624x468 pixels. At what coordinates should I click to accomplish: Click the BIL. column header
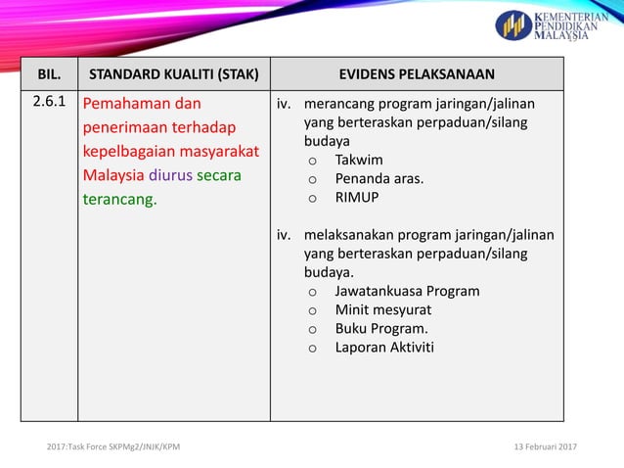49,74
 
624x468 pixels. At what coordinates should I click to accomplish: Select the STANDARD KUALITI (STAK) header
174,74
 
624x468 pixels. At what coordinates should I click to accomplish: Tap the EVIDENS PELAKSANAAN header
417,74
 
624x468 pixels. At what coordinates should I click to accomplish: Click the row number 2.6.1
49,103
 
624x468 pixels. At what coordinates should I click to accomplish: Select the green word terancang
119,199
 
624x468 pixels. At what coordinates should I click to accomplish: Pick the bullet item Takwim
359,160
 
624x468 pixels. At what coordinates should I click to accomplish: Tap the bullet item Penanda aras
379,178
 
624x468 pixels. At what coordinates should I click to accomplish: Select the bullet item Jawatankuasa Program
407,291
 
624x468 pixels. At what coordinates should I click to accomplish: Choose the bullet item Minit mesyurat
382,309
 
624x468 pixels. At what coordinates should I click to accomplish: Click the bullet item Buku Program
381,328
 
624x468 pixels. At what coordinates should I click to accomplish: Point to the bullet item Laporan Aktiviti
384,347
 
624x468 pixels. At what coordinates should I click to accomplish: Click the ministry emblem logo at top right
513,25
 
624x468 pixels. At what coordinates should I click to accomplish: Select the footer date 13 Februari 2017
545,446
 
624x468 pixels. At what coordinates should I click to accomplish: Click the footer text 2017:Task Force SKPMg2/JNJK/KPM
113,446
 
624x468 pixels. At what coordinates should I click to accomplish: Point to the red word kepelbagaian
133,152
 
